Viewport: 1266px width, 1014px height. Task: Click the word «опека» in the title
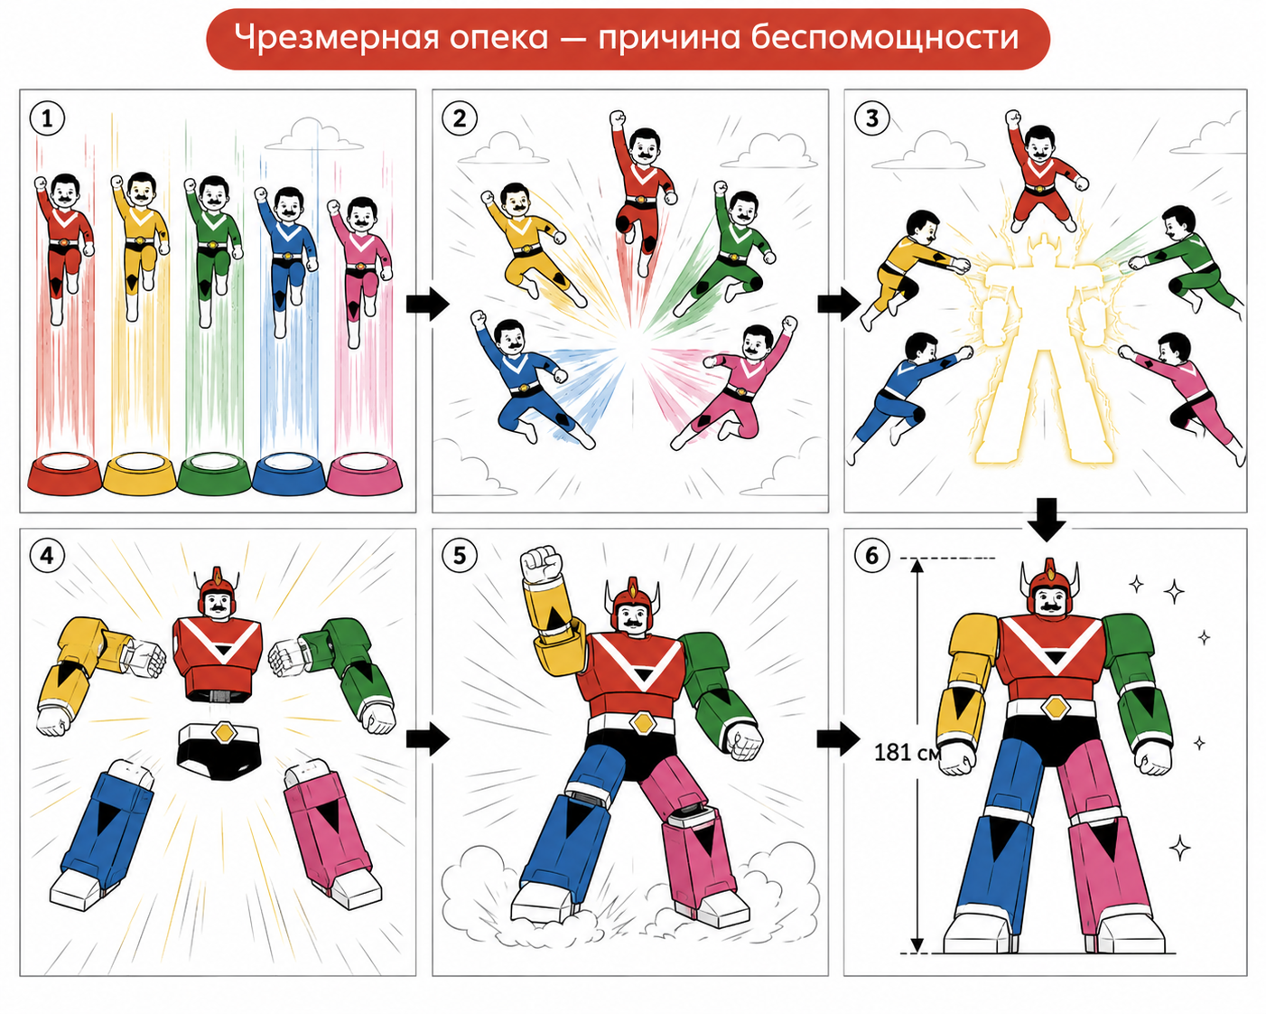point(498,38)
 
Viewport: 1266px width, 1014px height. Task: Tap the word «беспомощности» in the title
point(884,36)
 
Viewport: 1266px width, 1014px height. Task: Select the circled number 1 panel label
point(47,119)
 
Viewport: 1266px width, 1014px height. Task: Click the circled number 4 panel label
point(47,555)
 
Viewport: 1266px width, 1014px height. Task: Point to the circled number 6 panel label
point(872,555)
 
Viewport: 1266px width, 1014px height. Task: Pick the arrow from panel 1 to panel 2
point(428,304)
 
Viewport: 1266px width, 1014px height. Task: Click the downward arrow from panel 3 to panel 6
point(1047,520)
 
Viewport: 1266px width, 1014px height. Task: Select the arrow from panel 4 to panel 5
point(428,738)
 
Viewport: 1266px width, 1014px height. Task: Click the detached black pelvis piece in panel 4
point(219,751)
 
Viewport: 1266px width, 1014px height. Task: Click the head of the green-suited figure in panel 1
point(213,195)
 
